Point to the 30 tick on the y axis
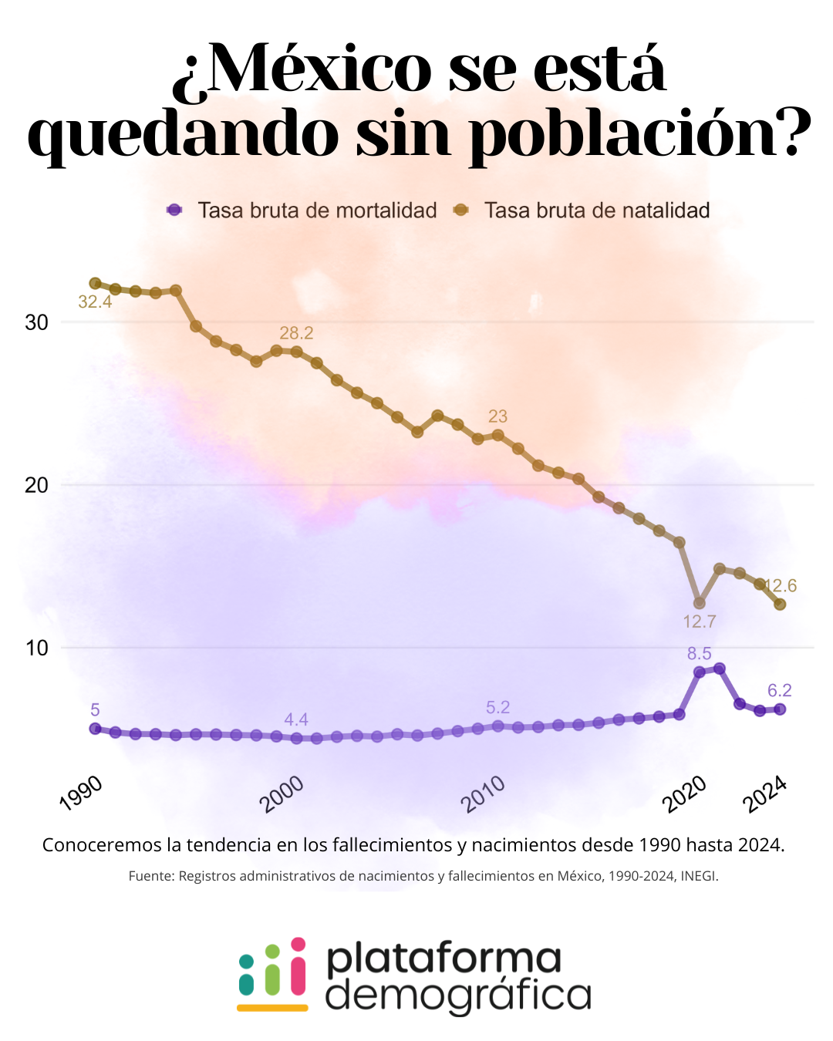36,322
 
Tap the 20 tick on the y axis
36,485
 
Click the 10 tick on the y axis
36,648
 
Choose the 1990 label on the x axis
80,793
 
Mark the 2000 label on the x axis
282,794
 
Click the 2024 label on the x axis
764,793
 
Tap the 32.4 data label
95,302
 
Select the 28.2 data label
296,333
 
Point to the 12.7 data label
700,622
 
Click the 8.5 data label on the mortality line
700,654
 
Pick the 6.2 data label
780,691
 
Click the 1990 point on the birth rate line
95,284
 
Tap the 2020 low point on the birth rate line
700,603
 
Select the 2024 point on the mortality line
780,709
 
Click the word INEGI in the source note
697,876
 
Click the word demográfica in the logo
458,995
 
